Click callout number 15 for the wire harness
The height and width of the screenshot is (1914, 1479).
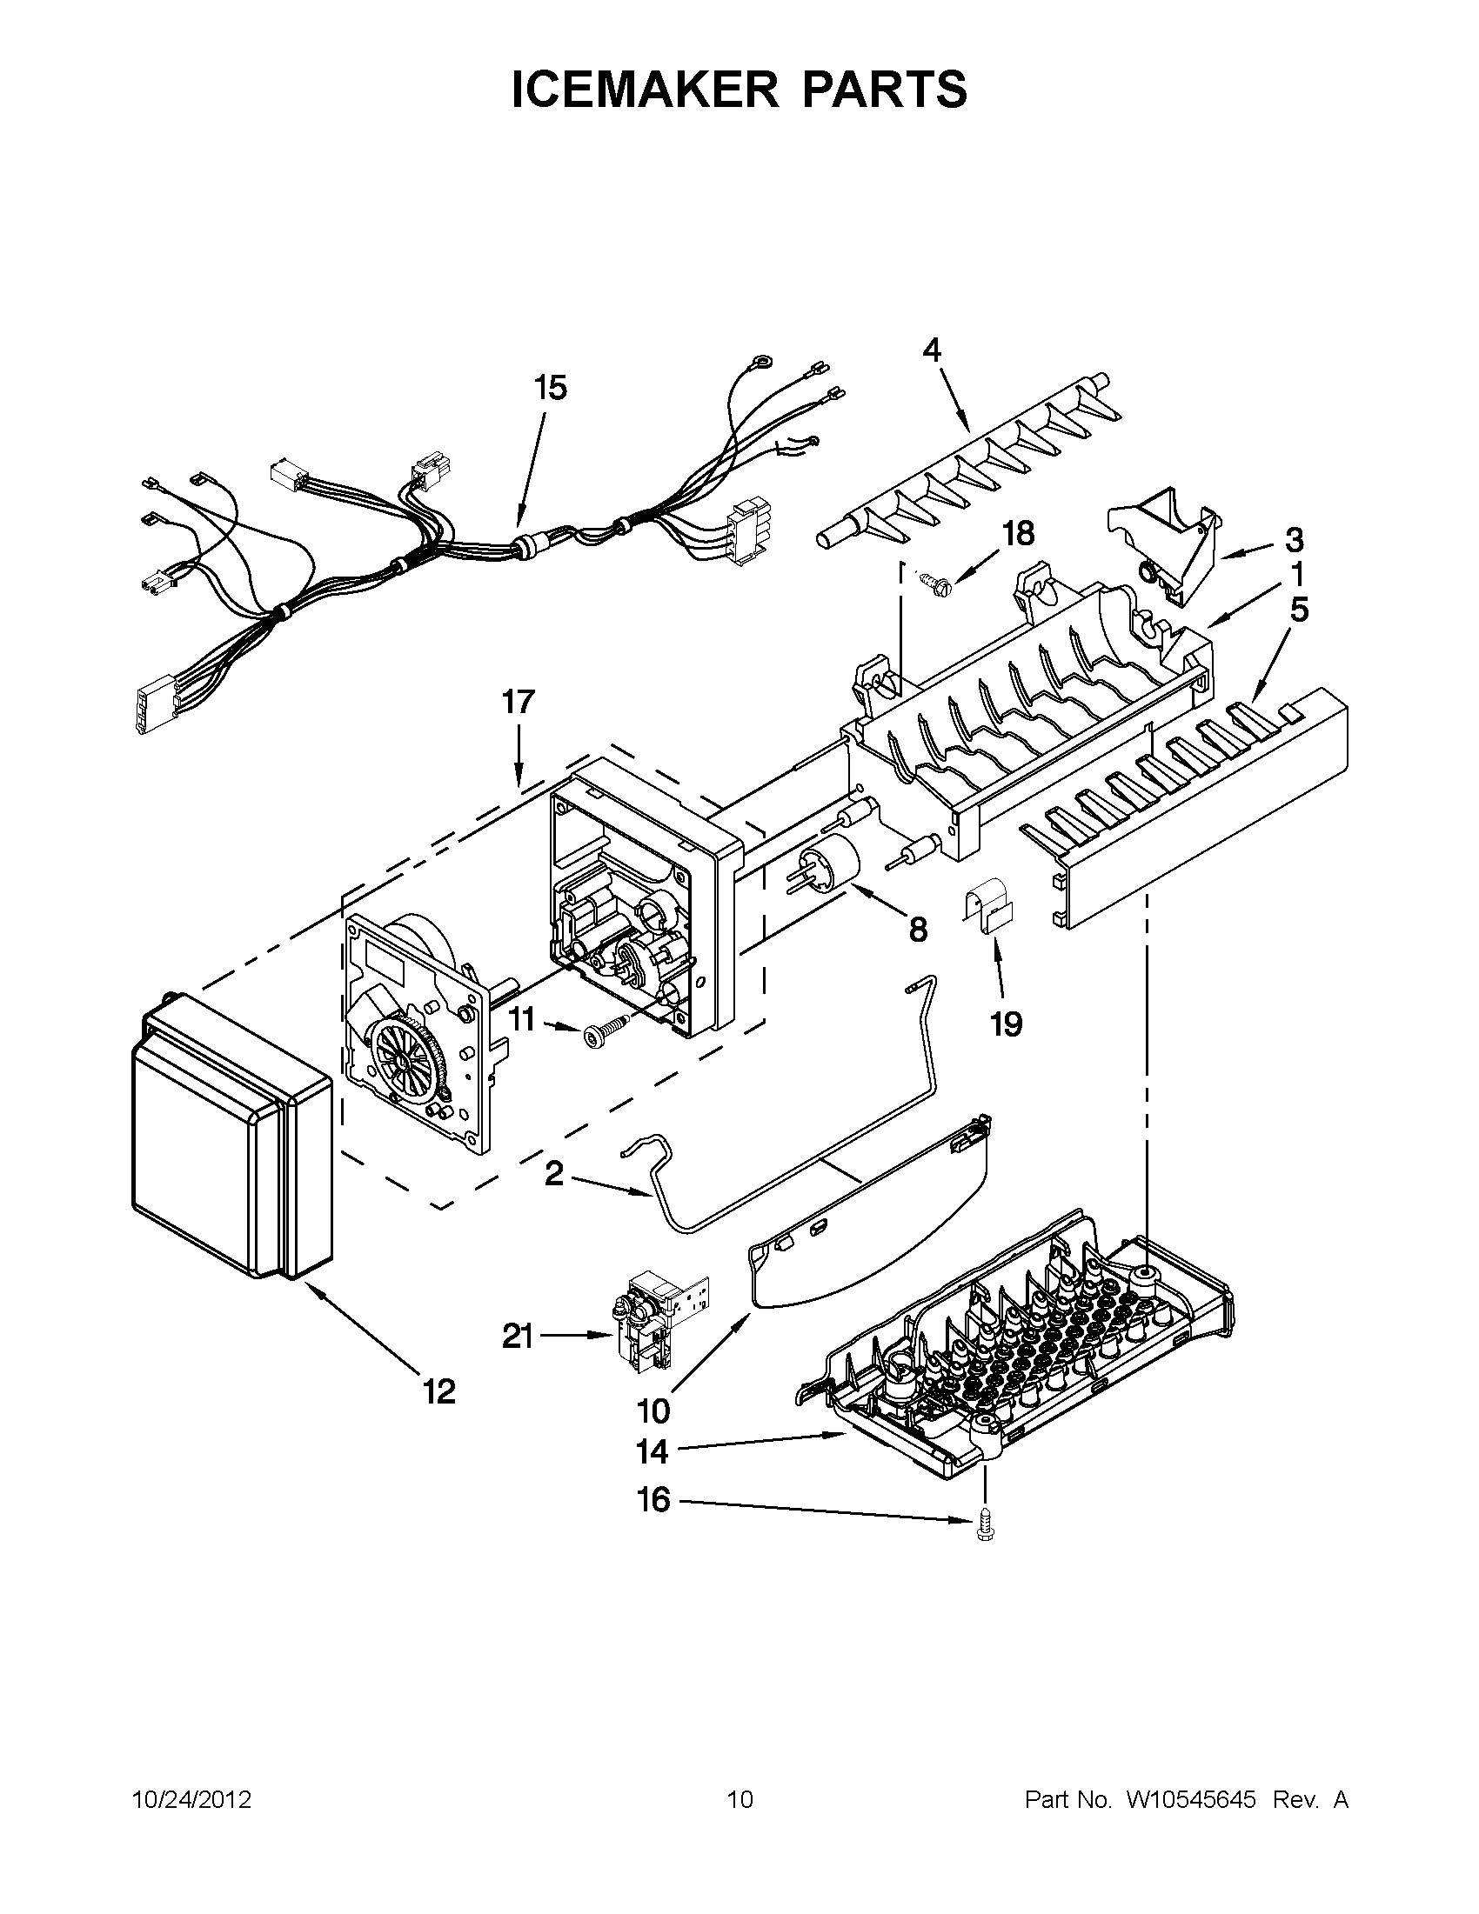[x=551, y=387]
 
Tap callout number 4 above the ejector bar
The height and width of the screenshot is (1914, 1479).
[x=931, y=350]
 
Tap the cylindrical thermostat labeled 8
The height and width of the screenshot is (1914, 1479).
[x=828, y=869]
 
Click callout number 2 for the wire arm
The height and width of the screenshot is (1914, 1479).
[x=554, y=1173]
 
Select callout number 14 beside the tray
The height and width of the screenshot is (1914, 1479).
[x=653, y=1452]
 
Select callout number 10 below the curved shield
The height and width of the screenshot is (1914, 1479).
[x=654, y=1411]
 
